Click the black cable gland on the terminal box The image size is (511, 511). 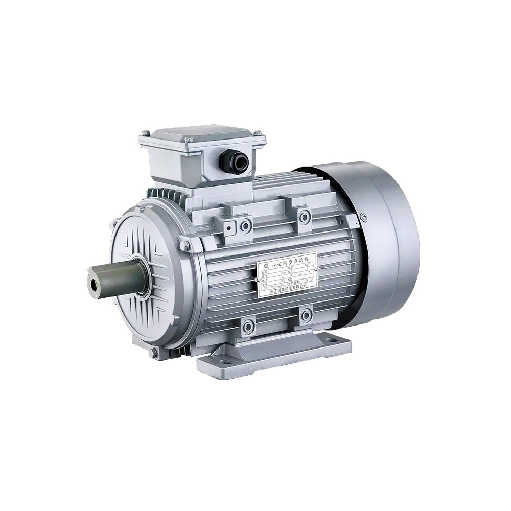tap(234, 162)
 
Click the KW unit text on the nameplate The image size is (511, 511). tap(307, 265)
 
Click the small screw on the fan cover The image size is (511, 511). tap(364, 217)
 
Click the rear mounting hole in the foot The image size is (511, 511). tap(327, 337)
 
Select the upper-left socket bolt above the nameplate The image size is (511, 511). tap(246, 223)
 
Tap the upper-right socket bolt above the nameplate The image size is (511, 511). tap(305, 216)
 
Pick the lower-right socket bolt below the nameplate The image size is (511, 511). tap(307, 316)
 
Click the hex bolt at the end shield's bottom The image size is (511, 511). tap(152, 353)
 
